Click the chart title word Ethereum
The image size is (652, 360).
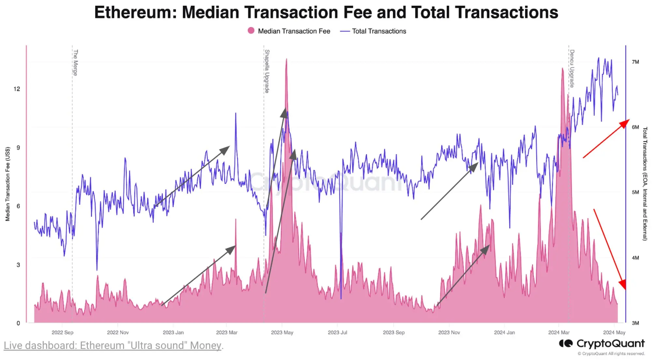pos(135,12)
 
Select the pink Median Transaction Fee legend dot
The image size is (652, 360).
pos(251,31)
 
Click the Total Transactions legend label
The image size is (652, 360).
pos(379,31)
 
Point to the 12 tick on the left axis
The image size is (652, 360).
pos(17,89)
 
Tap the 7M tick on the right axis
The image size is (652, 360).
pos(635,62)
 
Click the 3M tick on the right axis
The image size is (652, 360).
pos(635,323)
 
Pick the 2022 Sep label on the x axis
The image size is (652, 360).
pos(62,332)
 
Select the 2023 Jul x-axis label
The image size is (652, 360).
pos(337,332)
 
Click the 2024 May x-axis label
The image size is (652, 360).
pos(614,332)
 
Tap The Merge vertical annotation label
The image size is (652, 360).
pos(75,63)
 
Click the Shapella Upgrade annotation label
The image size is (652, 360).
pos(267,71)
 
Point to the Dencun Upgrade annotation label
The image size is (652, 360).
pos(572,68)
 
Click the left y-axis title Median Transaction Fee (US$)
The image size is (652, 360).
pos(8,184)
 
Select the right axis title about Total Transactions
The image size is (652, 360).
pos(645,184)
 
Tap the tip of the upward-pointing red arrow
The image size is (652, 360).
pos(628,120)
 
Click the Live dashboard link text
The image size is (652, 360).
pos(113,345)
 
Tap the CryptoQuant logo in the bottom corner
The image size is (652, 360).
pos(601,344)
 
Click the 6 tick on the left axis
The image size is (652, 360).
pos(18,206)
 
